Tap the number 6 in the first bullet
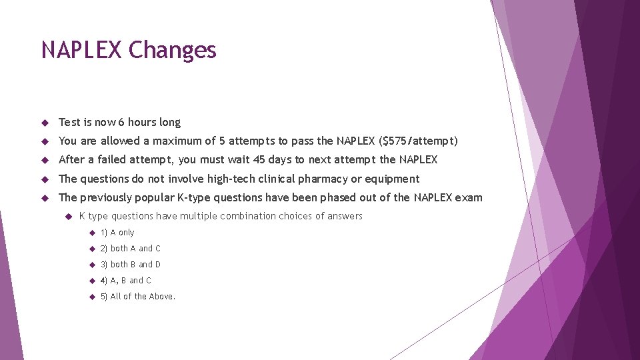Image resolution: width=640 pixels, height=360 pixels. click(121, 122)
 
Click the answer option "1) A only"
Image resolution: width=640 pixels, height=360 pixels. click(117, 233)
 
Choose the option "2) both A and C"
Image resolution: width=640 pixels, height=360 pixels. click(131, 249)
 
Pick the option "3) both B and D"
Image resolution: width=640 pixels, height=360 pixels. click(131, 265)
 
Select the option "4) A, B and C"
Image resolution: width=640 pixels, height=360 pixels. click(126, 281)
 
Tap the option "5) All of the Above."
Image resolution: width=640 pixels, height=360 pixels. click(138, 297)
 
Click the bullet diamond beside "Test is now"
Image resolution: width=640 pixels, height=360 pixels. click(45, 123)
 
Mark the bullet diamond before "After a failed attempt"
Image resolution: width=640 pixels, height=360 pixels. click(45, 160)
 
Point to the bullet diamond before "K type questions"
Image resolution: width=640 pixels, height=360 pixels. click(67, 216)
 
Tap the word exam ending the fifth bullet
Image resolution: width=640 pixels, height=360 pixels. click(470, 197)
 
